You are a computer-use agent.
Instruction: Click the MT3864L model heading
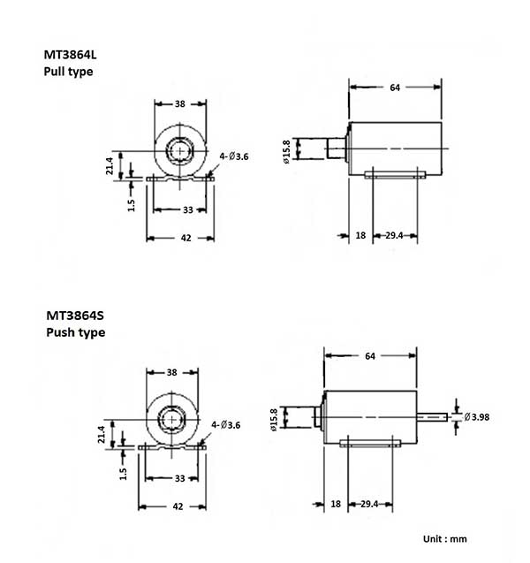click(75, 54)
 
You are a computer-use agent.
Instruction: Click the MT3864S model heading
click(75, 315)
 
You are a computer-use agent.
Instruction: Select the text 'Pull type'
click(68, 72)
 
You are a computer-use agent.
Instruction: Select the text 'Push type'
click(74, 333)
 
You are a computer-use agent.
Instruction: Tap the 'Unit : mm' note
click(443, 537)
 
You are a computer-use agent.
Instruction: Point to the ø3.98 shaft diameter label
click(481, 416)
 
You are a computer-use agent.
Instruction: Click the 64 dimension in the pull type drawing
click(395, 87)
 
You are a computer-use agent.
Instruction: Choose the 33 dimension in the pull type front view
click(188, 209)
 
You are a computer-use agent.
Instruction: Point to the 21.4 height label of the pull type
click(110, 166)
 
